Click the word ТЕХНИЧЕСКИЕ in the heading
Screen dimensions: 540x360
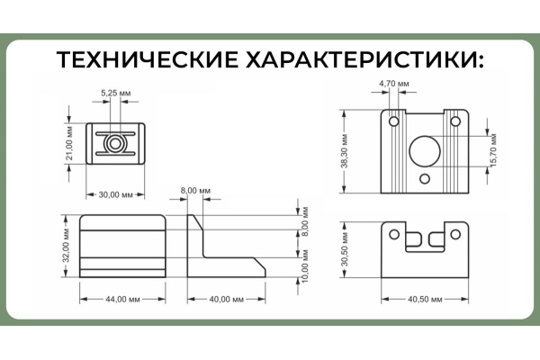147,59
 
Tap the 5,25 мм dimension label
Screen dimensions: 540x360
116,93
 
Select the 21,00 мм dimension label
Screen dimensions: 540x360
69,143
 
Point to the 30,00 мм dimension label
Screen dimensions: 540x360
116,195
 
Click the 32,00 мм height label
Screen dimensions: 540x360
66,246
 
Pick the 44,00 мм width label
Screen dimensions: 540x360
122,300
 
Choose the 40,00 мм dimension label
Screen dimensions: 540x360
226,300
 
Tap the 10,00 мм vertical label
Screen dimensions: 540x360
305,266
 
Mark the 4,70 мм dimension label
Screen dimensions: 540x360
394,84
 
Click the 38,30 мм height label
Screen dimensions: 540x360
345,151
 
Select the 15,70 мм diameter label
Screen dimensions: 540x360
493,150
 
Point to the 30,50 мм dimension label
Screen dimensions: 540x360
345,249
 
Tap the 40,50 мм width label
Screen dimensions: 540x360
425,300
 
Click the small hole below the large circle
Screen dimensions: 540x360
425,178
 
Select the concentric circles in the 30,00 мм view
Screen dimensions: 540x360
115,144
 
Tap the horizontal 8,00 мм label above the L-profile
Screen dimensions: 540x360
195,191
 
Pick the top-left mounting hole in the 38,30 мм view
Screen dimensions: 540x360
394,121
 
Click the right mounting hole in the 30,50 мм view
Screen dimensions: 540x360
455,234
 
